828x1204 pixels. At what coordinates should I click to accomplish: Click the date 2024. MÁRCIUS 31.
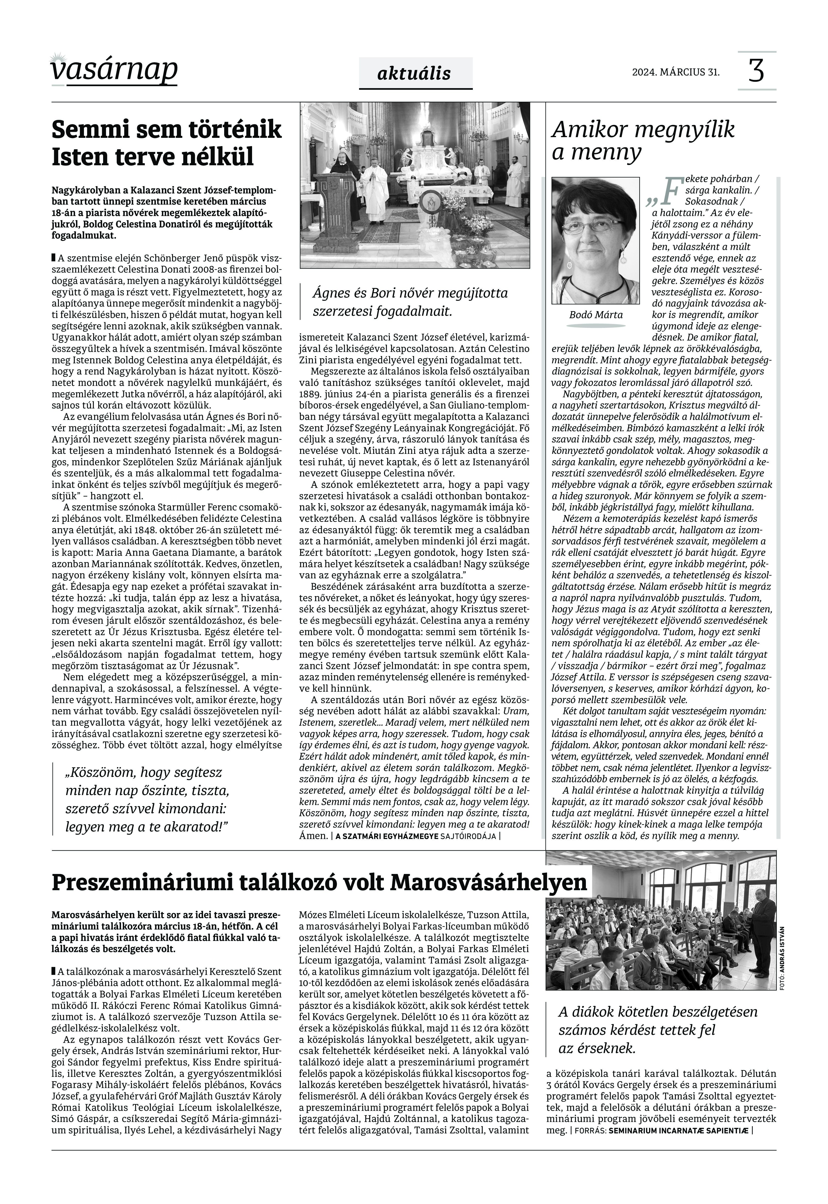[675, 72]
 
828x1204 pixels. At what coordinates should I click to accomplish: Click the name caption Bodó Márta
[596, 315]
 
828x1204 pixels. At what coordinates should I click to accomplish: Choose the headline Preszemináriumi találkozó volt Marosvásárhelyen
[319, 882]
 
